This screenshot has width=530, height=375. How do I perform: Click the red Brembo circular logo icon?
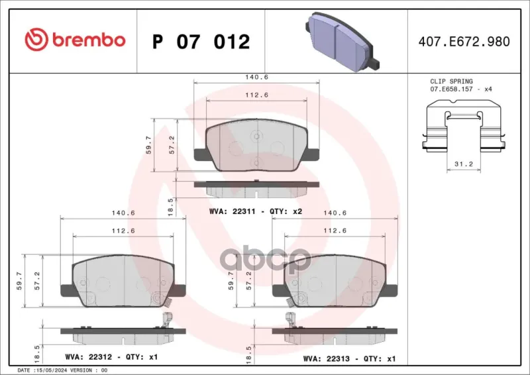pos(36,40)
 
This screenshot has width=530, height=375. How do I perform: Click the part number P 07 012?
pos(201,42)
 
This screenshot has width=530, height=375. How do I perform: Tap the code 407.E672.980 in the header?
pos(464,41)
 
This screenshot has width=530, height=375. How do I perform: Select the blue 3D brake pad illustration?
pos(342,42)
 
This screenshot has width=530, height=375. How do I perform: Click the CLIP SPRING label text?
pos(451,81)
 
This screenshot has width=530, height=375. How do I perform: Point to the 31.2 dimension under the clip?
pos(463,164)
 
